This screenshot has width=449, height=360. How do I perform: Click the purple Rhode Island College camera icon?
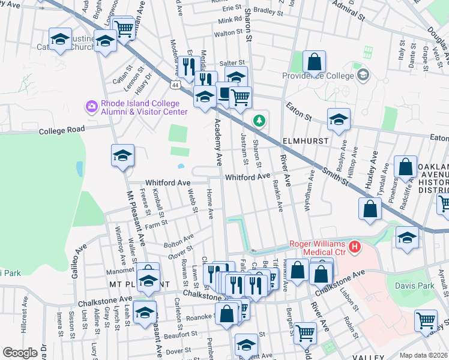pyautogui.click(x=91, y=107)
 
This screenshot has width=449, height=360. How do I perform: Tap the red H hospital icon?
pyautogui.click(x=355, y=246)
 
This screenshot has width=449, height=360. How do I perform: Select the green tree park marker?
pyautogui.click(x=259, y=121)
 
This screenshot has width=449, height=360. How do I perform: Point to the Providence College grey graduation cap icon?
pyautogui.click(x=362, y=75)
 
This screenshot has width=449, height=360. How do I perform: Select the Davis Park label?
pyautogui.click(x=414, y=286)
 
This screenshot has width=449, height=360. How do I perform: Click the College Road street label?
pyautogui.click(x=63, y=131)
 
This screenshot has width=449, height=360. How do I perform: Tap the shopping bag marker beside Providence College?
pyautogui.click(x=314, y=61)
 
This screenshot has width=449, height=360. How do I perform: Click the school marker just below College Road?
pyautogui.click(x=122, y=155)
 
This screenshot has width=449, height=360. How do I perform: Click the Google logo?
pyautogui.click(x=20, y=353)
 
